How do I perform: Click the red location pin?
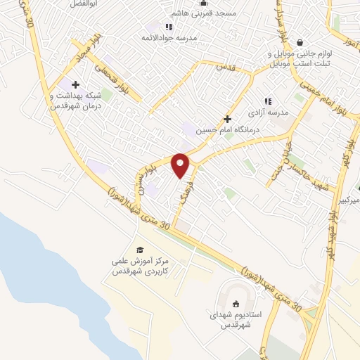[181, 166]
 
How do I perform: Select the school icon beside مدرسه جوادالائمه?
[168, 27]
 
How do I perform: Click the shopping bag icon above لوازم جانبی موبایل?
[300, 43]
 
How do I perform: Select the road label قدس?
[224, 67]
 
